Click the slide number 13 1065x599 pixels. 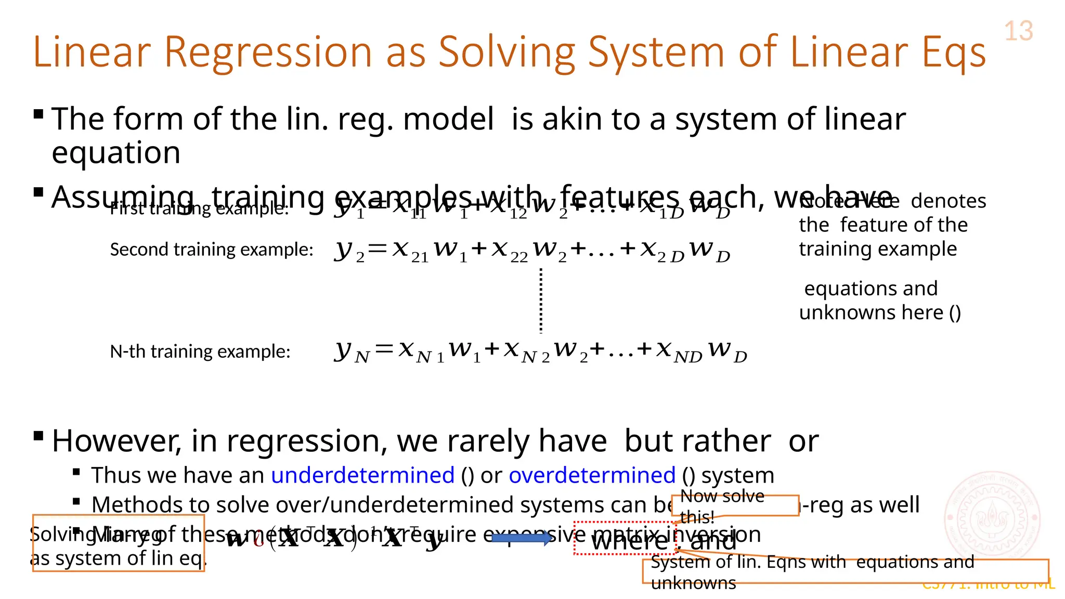point(1018,31)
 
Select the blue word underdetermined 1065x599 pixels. point(362,475)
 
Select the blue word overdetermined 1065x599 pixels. point(592,475)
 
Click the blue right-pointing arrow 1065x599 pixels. point(522,538)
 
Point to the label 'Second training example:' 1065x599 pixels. point(211,250)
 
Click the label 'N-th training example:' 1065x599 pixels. point(200,351)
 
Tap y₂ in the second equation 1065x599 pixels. point(349,251)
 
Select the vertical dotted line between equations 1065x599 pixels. point(541,301)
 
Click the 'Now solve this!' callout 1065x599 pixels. point(735,505)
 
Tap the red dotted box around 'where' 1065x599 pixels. point(625,539)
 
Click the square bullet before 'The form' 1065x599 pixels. point(38,114)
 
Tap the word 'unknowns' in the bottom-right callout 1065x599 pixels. point(693,583)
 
